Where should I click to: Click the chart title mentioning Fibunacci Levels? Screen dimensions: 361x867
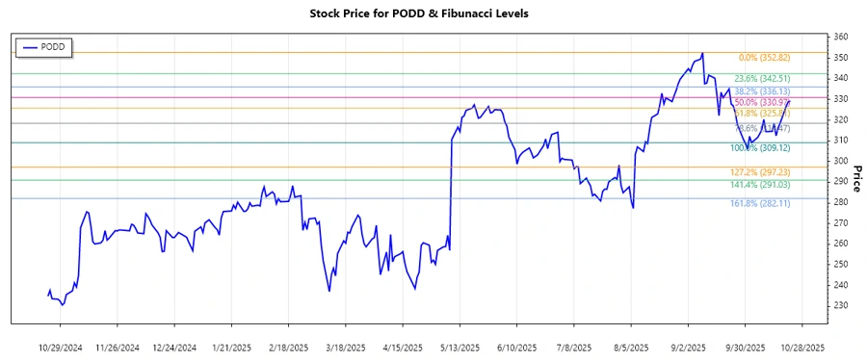pyautogui.click(x=433, y=13)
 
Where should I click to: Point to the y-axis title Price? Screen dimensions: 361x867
pyautogui.click(x=856, y=177)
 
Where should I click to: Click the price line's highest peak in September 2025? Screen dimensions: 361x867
pyautogui.click(x=702, y=53)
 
